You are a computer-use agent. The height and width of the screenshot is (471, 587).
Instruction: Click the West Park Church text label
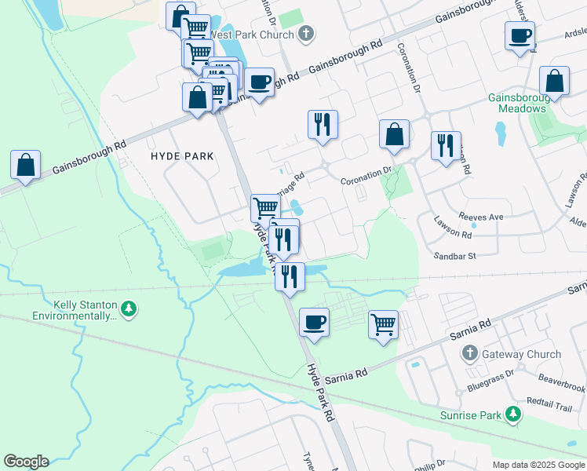click(x=252, y=35)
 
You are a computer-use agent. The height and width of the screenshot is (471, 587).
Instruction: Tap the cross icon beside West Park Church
click(x=306, y=34)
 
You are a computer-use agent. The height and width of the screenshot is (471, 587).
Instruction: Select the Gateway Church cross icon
click(x=470, y=354)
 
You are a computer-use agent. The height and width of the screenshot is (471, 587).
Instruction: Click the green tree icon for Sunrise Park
click(x=512, y=413)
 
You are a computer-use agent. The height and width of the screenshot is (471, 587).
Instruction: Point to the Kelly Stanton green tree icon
click(x=129, y=310)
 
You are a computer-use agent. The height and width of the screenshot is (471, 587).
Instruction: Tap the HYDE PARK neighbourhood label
click(x=182, y=156)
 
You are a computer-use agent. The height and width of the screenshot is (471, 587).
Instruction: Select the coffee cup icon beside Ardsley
click(x=520, y=36)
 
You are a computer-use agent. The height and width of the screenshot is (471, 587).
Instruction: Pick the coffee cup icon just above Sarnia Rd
click(x=314, y=322)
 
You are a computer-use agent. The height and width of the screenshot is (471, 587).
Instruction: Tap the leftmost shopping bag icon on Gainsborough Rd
click(x=25, y=165)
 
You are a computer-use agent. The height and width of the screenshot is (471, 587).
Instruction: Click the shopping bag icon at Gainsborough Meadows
click(x=554, y=81)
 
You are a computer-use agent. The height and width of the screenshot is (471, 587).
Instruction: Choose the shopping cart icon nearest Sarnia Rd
click(x=383, y=323)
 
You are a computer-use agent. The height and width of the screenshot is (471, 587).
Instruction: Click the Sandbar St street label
click(x=455, y=256)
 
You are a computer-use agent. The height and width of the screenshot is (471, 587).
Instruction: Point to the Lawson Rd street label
click(x=455, y=235)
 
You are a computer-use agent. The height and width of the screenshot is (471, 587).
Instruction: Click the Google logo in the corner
click(x=26, y=462)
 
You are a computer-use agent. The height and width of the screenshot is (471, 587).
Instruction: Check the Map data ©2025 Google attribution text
click(x=538, y=465)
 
